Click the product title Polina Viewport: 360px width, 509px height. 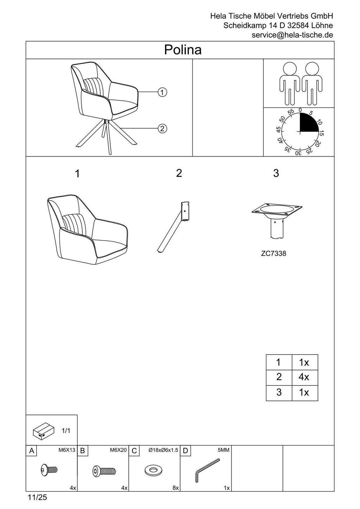click(x=183, y=50)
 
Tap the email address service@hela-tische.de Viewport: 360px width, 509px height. click(x=292, y=35)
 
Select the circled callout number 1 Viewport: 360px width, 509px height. click(x=162, y=92)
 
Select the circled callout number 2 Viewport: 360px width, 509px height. click(x=162, y=129)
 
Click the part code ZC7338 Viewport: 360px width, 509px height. click(x=273, y=253)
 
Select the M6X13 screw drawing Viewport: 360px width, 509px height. click(x=49, y=470)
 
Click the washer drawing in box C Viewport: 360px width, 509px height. click(x=153, y=470)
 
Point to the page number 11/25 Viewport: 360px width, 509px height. click(x=37, y=497)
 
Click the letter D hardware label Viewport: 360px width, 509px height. click(x=185, y=451)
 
